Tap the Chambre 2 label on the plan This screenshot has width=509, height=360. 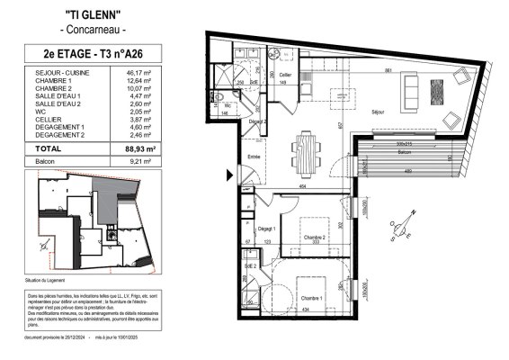coord(311,238)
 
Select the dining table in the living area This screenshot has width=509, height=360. coord(308,151)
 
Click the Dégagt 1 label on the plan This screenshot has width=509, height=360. coord(266,230)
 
